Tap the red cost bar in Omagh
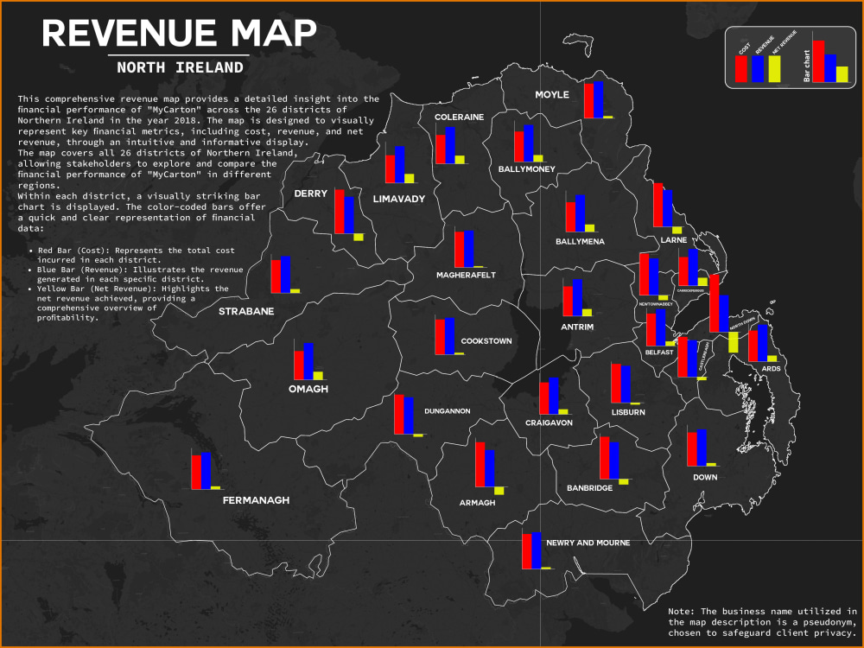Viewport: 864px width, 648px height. click(x=299, y=365)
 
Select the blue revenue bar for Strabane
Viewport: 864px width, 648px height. click(x=285, y=275)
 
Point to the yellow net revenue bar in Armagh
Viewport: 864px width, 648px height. click(x=499, y=491)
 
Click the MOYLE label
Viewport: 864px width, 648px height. click(x=552, y=94)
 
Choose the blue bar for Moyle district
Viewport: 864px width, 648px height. click(x=598, y=99)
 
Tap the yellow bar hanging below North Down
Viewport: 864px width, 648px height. click(x=733, y=341)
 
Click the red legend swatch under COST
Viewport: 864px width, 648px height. click(x=740, y=68)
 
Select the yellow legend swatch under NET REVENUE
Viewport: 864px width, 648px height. click(x=775, y=68)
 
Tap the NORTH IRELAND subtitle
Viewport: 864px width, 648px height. click(x=180, y=67)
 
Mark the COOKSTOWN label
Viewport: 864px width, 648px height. click(x=486, y=341)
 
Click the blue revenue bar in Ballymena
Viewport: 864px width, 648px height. click(x=580, y=213)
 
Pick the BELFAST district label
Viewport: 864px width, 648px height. click(x=658, y=352)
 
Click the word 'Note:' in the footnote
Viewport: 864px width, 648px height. click(x=682, y=611)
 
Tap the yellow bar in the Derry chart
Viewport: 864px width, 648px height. click(x=359, y=237)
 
